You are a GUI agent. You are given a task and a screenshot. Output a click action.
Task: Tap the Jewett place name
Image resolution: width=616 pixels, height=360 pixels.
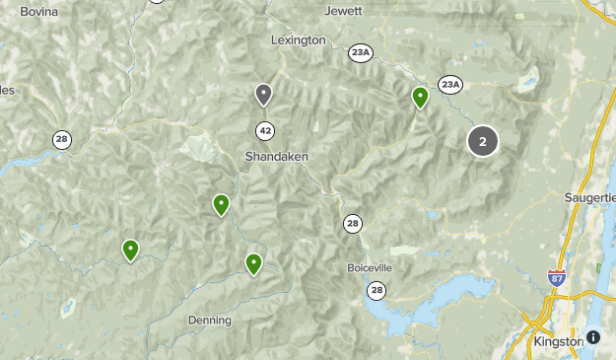(x=343, y=11)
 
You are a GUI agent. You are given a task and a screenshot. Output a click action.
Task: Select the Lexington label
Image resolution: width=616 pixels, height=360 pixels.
(x=298, y=40)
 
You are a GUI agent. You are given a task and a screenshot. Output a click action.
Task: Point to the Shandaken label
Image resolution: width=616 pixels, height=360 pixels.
(x=277, y=156)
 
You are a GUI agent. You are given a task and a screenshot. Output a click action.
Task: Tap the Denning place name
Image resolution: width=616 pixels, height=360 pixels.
(x=209, y=321)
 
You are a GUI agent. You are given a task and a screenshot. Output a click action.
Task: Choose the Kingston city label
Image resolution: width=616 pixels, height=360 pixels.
(x=558, y=341)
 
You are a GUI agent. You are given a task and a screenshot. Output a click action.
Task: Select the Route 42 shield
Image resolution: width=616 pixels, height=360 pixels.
(x=265, y=130)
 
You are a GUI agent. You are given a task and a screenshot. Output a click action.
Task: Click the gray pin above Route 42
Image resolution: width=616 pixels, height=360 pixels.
(x=263, y=94)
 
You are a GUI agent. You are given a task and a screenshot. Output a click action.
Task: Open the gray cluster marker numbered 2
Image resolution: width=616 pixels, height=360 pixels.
(x=482, y=141)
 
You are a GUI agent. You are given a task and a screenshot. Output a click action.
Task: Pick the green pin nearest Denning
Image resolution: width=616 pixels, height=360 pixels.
(x=253, y=263)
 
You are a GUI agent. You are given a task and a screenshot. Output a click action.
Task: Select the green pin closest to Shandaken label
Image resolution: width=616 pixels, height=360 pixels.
(x=221, y=204)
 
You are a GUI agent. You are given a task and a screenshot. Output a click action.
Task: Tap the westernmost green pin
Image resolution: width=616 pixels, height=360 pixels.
(x=130, y=250)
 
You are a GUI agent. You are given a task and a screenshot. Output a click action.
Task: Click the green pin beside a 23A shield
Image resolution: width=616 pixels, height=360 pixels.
(x=420, y=97)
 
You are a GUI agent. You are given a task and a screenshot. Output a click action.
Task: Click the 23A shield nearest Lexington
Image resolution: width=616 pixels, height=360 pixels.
(x=361, y=53)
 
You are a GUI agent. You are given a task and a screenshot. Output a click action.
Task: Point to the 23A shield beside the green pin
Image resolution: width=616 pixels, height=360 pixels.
(x=449, y=85)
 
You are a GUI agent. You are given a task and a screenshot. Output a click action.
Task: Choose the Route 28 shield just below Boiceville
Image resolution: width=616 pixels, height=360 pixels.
(x=376, y=290)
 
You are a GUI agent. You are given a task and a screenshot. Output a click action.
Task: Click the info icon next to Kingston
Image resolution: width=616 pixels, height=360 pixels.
(x=593, y=337)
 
